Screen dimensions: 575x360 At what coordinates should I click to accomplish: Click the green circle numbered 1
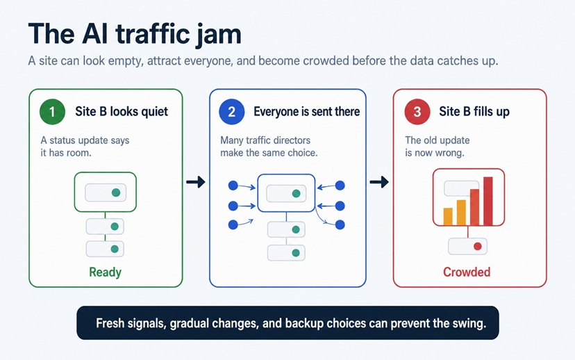click(52, 112)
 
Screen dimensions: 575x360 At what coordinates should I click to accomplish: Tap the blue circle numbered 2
click(231, 112)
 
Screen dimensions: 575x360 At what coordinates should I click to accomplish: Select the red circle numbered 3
click(417, 112)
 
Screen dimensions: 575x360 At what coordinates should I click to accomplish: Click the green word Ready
click(106, 272)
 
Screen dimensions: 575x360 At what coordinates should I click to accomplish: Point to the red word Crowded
click(467, 272)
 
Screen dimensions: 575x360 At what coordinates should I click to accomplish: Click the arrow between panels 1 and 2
click(195, 181)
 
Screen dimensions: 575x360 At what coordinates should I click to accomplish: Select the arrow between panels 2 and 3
click(379, 181)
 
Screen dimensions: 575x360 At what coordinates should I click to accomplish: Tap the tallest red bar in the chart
click(488, 201)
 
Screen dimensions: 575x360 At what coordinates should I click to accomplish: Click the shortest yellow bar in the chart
click(448, 217)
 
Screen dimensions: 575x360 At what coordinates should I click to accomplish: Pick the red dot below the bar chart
click(478, 246)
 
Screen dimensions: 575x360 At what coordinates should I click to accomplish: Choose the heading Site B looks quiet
click(122, 112)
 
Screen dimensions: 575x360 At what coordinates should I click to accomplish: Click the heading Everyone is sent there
click(306, 112)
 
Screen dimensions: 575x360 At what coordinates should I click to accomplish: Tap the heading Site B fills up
click(474, 112)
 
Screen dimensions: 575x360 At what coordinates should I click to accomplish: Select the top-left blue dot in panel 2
click(233, 186)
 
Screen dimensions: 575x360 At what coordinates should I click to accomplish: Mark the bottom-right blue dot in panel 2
click(340, 224)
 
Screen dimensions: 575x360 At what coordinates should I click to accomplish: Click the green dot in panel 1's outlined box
click(116, 193)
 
